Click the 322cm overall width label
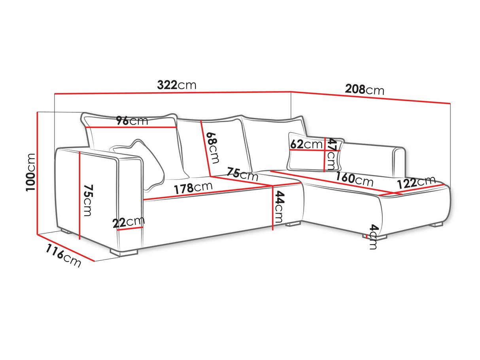[x=176, y=85]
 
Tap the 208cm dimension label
[x=364, y=90]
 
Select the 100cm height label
[x=30, y=172]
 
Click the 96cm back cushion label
[x=132, y=121]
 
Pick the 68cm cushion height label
[x=212, y=148]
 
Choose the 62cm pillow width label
[x=306, y=144]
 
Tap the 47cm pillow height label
[x=331, y=154]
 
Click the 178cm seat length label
[x=193, y=188]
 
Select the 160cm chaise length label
[x=355, y=179]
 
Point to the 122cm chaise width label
[x=416, y=182]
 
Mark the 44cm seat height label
[x=280, y=207]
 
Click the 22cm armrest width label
[x=129, y=222]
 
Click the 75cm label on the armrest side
[x=88, y=200]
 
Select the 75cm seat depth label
[x=242, y=174]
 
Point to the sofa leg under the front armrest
[x=124, y=252]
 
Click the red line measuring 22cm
[x=130, y=229]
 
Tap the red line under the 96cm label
[x=131, y=127]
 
